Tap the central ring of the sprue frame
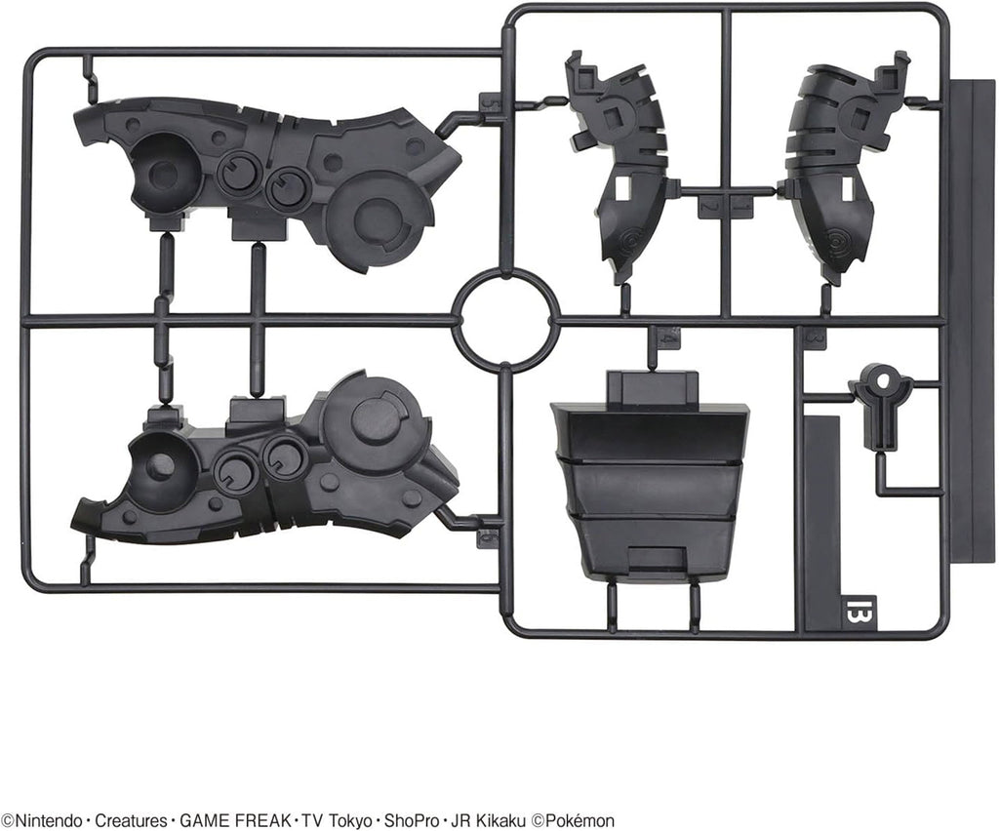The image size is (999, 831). (505, 320)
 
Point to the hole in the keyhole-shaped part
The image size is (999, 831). (881, 378)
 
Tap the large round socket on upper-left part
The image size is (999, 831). (165, 171)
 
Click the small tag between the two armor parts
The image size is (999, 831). (723, 206)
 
